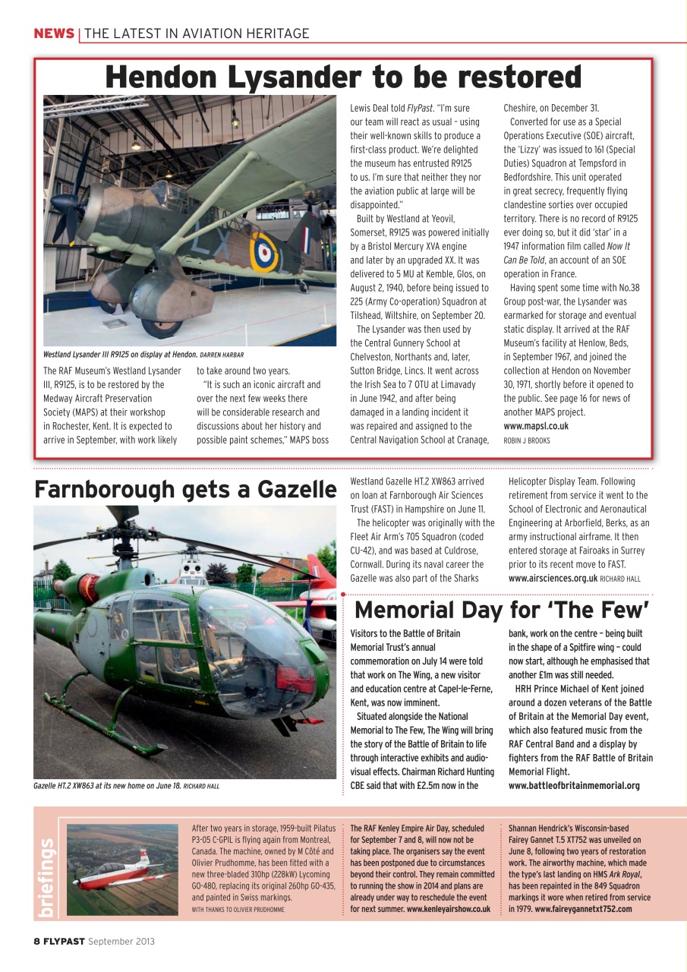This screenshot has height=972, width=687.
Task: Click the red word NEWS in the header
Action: point(53,33)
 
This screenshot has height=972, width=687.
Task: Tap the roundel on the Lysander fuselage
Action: point(263,252)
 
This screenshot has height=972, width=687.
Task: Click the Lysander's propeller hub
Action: point(61,204)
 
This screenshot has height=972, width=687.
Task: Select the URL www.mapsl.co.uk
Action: point(536,426)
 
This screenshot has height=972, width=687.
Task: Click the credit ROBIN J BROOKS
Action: point(526,440)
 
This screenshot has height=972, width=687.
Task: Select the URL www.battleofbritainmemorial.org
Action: point(574,786)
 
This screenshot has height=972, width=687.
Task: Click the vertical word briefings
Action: point(47,876)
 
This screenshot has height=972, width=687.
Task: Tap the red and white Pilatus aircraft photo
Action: point(123,869)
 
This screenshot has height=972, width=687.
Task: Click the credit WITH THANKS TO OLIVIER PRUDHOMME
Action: point(238,909)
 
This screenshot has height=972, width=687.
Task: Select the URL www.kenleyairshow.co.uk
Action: point(448,909)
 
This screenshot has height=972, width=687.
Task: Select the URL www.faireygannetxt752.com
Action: point(583,909)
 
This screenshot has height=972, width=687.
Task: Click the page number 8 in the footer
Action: point(36,942)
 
